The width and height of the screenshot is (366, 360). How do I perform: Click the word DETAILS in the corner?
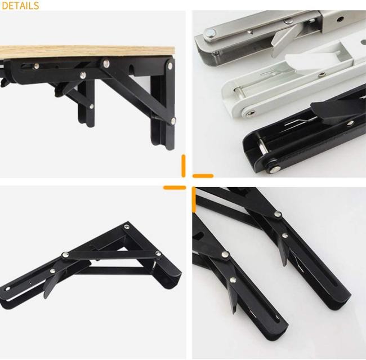[x=20, y=6]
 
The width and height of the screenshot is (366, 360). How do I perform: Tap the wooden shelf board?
[x=87, y=52]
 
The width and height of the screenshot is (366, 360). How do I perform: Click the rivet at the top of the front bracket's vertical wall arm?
[x=171, y=66]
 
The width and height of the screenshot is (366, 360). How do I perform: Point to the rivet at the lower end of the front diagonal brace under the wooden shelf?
[x=173, y=121]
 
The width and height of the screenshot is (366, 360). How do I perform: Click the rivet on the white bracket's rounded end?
[x=251, y=113]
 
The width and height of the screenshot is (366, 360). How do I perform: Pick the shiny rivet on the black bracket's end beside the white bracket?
[x=275, y=168]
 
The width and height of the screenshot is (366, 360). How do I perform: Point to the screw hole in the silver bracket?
[x=341, y=18]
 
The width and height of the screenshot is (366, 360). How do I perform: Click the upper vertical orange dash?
[x=184, y=166]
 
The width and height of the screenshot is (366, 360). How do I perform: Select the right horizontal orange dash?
[x=203, y=176]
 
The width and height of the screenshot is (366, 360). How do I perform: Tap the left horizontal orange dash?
[x=175, y=188]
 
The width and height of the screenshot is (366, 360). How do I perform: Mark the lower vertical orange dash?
[x=194, y=199]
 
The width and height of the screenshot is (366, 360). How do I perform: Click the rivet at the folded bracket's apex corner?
[x=127, y=226]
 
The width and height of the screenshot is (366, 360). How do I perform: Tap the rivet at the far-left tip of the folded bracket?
[x=8, y=289]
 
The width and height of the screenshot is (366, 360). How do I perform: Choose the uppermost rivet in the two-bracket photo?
[x=278, y=214]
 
